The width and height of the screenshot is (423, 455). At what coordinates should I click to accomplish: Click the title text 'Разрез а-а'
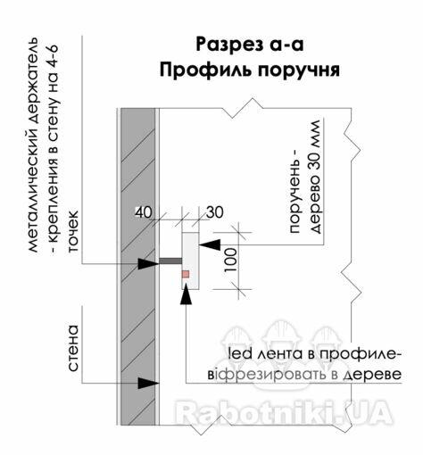250,45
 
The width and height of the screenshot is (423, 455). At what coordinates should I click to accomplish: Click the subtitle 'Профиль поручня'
250,70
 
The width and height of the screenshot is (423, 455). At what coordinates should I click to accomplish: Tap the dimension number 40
144,212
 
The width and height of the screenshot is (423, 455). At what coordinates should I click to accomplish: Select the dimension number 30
215,212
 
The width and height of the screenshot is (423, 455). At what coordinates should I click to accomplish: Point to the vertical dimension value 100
231,260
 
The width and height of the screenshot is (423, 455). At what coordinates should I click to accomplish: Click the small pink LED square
186,274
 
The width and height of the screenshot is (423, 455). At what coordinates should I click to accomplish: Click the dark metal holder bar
170,261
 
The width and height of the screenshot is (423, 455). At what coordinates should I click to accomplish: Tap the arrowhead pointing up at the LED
186,294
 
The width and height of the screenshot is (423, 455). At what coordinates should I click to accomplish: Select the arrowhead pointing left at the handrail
210,244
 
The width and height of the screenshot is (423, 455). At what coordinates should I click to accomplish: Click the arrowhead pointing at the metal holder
148,263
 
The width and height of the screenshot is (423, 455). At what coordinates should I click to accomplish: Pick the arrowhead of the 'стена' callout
148,383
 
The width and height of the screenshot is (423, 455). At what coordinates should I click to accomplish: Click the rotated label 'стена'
73,348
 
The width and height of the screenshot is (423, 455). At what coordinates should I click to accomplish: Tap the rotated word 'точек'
73,231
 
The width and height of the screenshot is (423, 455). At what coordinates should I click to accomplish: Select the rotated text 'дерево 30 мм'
315,177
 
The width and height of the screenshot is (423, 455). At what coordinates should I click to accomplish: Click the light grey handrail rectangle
190,261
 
